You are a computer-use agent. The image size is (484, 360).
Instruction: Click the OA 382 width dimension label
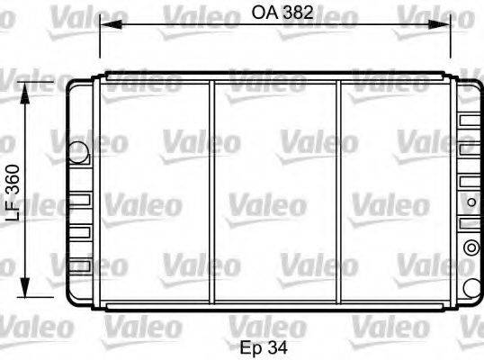(275, 13)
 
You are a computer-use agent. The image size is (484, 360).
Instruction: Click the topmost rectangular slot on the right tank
(469, 120)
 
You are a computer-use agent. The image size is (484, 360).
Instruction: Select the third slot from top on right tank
(469, 181)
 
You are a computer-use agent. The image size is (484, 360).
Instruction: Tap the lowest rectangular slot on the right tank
(469, 219)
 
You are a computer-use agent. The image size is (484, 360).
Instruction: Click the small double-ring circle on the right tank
(469, 247)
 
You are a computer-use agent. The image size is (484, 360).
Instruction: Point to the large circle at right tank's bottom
(471, 287)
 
